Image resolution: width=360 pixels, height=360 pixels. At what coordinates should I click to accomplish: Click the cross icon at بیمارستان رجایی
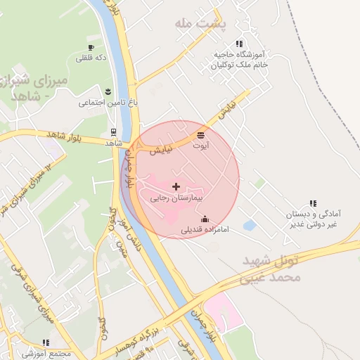tap(176, 186)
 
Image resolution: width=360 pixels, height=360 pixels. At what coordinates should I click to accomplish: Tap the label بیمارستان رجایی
tap(176, 199)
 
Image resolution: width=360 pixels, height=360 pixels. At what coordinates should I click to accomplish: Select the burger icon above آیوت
tap(202, 134)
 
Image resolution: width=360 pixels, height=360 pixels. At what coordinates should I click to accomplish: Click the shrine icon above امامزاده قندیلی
tap(205, 219)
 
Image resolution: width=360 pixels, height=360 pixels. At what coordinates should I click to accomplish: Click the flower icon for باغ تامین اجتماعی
tap(108, 91)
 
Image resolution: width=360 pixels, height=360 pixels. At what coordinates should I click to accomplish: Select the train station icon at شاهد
tap(113, 131)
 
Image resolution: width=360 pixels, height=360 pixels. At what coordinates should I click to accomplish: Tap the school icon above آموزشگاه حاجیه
tap(240, 44)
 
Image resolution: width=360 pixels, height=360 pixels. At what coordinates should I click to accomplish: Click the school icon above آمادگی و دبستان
tap(313, 203)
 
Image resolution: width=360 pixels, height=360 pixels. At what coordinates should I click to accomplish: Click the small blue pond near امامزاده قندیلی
tap(250, 226)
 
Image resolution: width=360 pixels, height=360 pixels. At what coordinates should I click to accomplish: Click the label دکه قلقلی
tap(92, 58)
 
